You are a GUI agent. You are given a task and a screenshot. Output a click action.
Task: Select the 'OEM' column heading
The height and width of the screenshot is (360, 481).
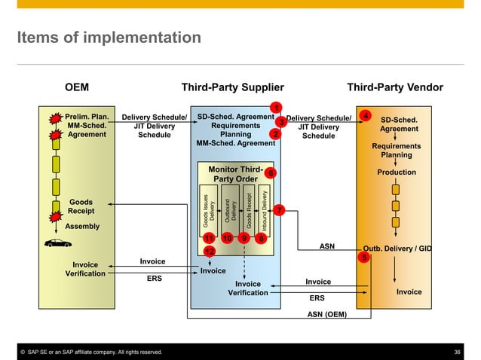76,87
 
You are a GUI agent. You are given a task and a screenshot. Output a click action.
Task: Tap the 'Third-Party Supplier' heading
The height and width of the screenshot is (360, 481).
232,87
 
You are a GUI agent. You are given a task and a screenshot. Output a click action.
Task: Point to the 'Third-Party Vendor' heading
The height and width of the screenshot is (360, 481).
394,87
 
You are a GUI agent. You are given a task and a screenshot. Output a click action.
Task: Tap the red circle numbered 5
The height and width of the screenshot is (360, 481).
364,258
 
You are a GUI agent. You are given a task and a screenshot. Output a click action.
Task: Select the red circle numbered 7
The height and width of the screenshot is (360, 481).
278,210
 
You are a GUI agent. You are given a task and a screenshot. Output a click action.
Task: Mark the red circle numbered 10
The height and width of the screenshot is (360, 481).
227,239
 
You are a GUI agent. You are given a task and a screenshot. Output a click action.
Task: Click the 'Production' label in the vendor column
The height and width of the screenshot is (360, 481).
396,172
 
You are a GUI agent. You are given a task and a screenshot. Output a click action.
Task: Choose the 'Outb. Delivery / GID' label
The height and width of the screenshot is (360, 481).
397,247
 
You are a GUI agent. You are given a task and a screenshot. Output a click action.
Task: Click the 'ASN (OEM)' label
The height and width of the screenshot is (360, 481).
327,315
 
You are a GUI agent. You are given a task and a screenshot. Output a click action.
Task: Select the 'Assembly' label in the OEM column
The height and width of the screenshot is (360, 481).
82,226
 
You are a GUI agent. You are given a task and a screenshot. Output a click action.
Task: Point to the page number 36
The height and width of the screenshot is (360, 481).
457,352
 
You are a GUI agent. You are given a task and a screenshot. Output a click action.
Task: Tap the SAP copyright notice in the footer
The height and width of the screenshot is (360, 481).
90,352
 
